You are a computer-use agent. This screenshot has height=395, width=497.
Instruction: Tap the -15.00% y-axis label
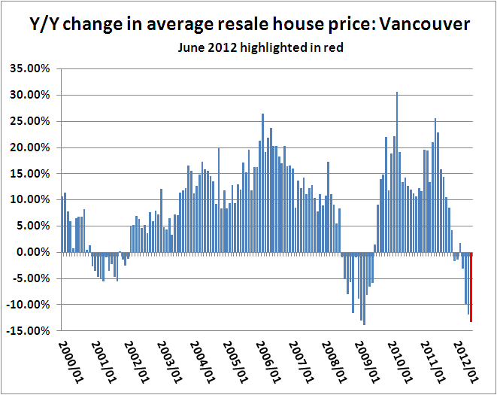coord(30,330)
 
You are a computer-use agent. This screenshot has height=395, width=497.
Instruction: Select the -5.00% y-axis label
coord(32,278)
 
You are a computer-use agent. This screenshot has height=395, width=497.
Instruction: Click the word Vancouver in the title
coord(425,24)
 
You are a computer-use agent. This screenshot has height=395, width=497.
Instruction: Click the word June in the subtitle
coord(191,47)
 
